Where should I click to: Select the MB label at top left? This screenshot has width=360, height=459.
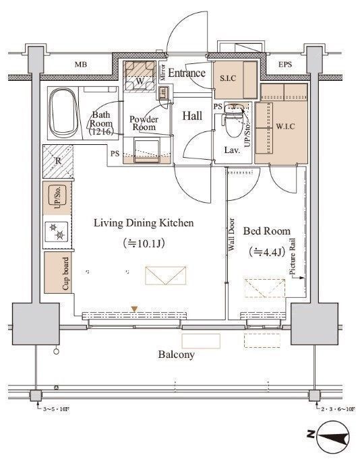[x=81, y=65]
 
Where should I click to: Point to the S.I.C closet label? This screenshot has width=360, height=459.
[x=228, y=78]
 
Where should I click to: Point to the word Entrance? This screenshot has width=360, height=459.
[x=187, y=73]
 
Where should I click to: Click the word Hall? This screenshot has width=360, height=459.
[x=192, y=116]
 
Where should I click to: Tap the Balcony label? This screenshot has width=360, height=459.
[x=177, y=354]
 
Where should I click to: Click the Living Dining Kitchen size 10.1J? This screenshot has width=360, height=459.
[x=144, y=243]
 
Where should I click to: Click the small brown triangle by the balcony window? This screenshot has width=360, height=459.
[x=135, y=309]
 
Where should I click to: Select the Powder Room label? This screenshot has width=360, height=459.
[x=144, y=123]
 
